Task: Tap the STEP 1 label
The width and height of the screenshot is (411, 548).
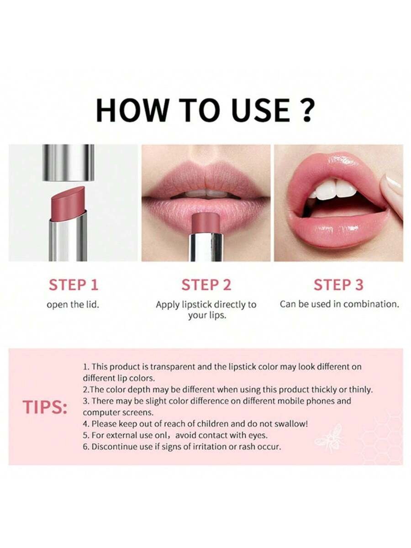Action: click(x=74, y=285)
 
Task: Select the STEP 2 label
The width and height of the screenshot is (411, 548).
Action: click(x=206, y=285)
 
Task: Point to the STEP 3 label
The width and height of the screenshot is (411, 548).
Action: click(x=338, y=285)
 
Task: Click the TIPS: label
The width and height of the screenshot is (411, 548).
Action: click(x=45, y=407)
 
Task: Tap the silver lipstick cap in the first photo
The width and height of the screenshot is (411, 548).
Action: click(x=68, y=162)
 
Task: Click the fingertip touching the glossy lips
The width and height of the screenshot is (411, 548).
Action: click(x=394, y=192)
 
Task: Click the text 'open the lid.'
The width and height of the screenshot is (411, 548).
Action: click(x=73, y=305)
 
